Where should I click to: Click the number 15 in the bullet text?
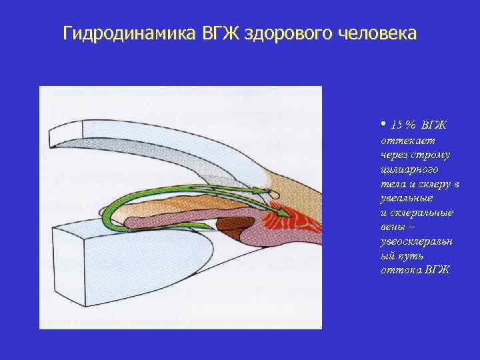[397, 125]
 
